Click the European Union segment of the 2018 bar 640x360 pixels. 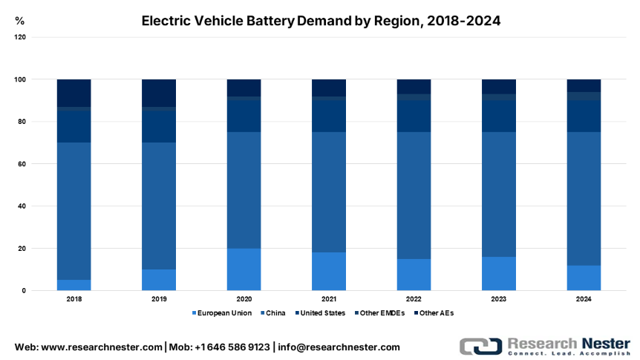(x=74, y=285)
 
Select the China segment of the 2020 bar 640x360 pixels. (x=244, y=190)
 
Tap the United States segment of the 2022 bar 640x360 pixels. (x=414, y=116)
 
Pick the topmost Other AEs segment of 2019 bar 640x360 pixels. (x=159, y=93)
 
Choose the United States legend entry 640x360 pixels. (x=321, y=313)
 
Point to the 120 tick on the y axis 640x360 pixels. (x=20, y=37)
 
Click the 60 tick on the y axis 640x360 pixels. (x=22, y=164)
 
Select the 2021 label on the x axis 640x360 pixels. (x=329, y=299)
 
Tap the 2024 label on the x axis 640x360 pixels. (x=584, y=299)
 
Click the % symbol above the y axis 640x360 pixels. (x=19, y=22)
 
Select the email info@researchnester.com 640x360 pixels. (x=340, y=347)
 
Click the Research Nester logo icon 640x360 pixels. (x=479, y=347)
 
